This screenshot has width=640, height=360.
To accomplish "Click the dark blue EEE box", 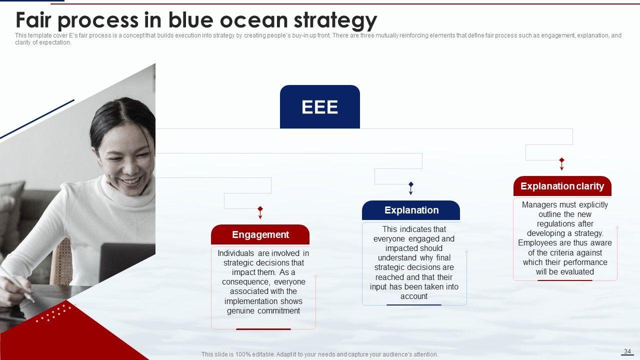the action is [x=319, y=106].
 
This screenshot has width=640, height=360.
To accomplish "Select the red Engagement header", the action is [x=260, y=234].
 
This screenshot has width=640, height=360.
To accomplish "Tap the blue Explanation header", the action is [x=411, y=210].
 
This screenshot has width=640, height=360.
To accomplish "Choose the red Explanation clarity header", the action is [x=562, y=186].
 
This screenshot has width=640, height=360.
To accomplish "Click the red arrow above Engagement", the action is [x=260, y=212].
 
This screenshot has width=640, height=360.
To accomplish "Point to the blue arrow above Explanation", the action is [x=411, y=188].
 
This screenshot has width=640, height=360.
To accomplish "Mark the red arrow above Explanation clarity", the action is [x=561, y=164].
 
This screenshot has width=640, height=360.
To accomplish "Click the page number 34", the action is [x=627, y=351].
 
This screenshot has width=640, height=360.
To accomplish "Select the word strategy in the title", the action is [x=335, y=21].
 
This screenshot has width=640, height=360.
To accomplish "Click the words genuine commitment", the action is [x=263, y=311].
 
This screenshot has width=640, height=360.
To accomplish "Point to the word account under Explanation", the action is [x=413, y=296].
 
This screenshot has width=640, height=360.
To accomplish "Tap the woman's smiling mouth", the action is [x=131, y=181].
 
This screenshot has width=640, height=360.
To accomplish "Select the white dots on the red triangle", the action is [x=53, y=313].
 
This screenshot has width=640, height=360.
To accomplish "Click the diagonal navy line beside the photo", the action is [x=37, y=119].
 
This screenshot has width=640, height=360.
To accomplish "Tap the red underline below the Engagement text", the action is [x=263, y=329].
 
